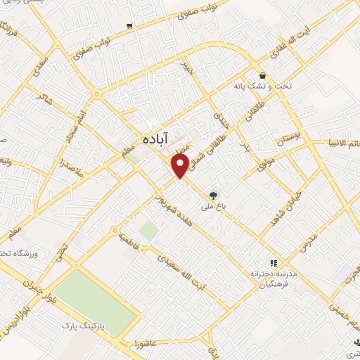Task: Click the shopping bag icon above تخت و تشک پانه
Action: click(262, 75)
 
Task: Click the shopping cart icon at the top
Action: click(130, 26)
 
